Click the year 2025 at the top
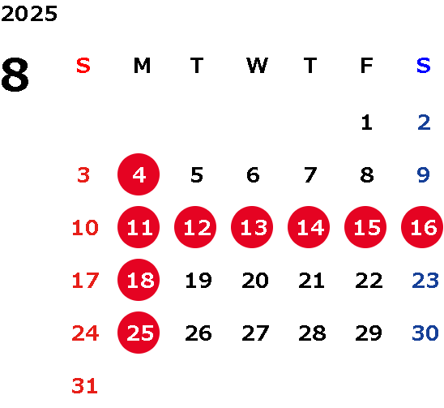pyautogui.click(x=29, y=14)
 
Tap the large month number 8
pyautogui.click(x=15, y=75)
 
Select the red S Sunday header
pyautogui.click(x=83, y=66)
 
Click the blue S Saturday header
pyautogui.click(x=424, y=66)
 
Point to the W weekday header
pyautogui.click(x=257, y=66)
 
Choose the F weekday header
pyautogui.click(x=367, y=66)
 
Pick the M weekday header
pyautogui.click(x=142, y=66)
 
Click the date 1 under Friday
pyautogui.click(x=367, y=122)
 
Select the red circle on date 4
pyautogui.click(x=139, y=174)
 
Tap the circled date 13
pyautogui.click(x=252, y=227)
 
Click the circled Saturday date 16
pyautogui.click(x=422, y=227)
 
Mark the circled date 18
pyautogui.click(x=139, y=280)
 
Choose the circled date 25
pyautogui.click(x=139, y=333)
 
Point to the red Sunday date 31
pyautogui.click(x=85, y=385)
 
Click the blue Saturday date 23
pyautogui.click(x=425, y=280)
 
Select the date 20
pyautogui.click(x=255, y=280)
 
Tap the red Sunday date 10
pyautogui.click(x=85, y=227)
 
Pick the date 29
pyautogui.click(x=369, y=333)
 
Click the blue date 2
pyautogui.click(x=424, y=122)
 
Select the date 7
pyautogui.click(x=310, y=174)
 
